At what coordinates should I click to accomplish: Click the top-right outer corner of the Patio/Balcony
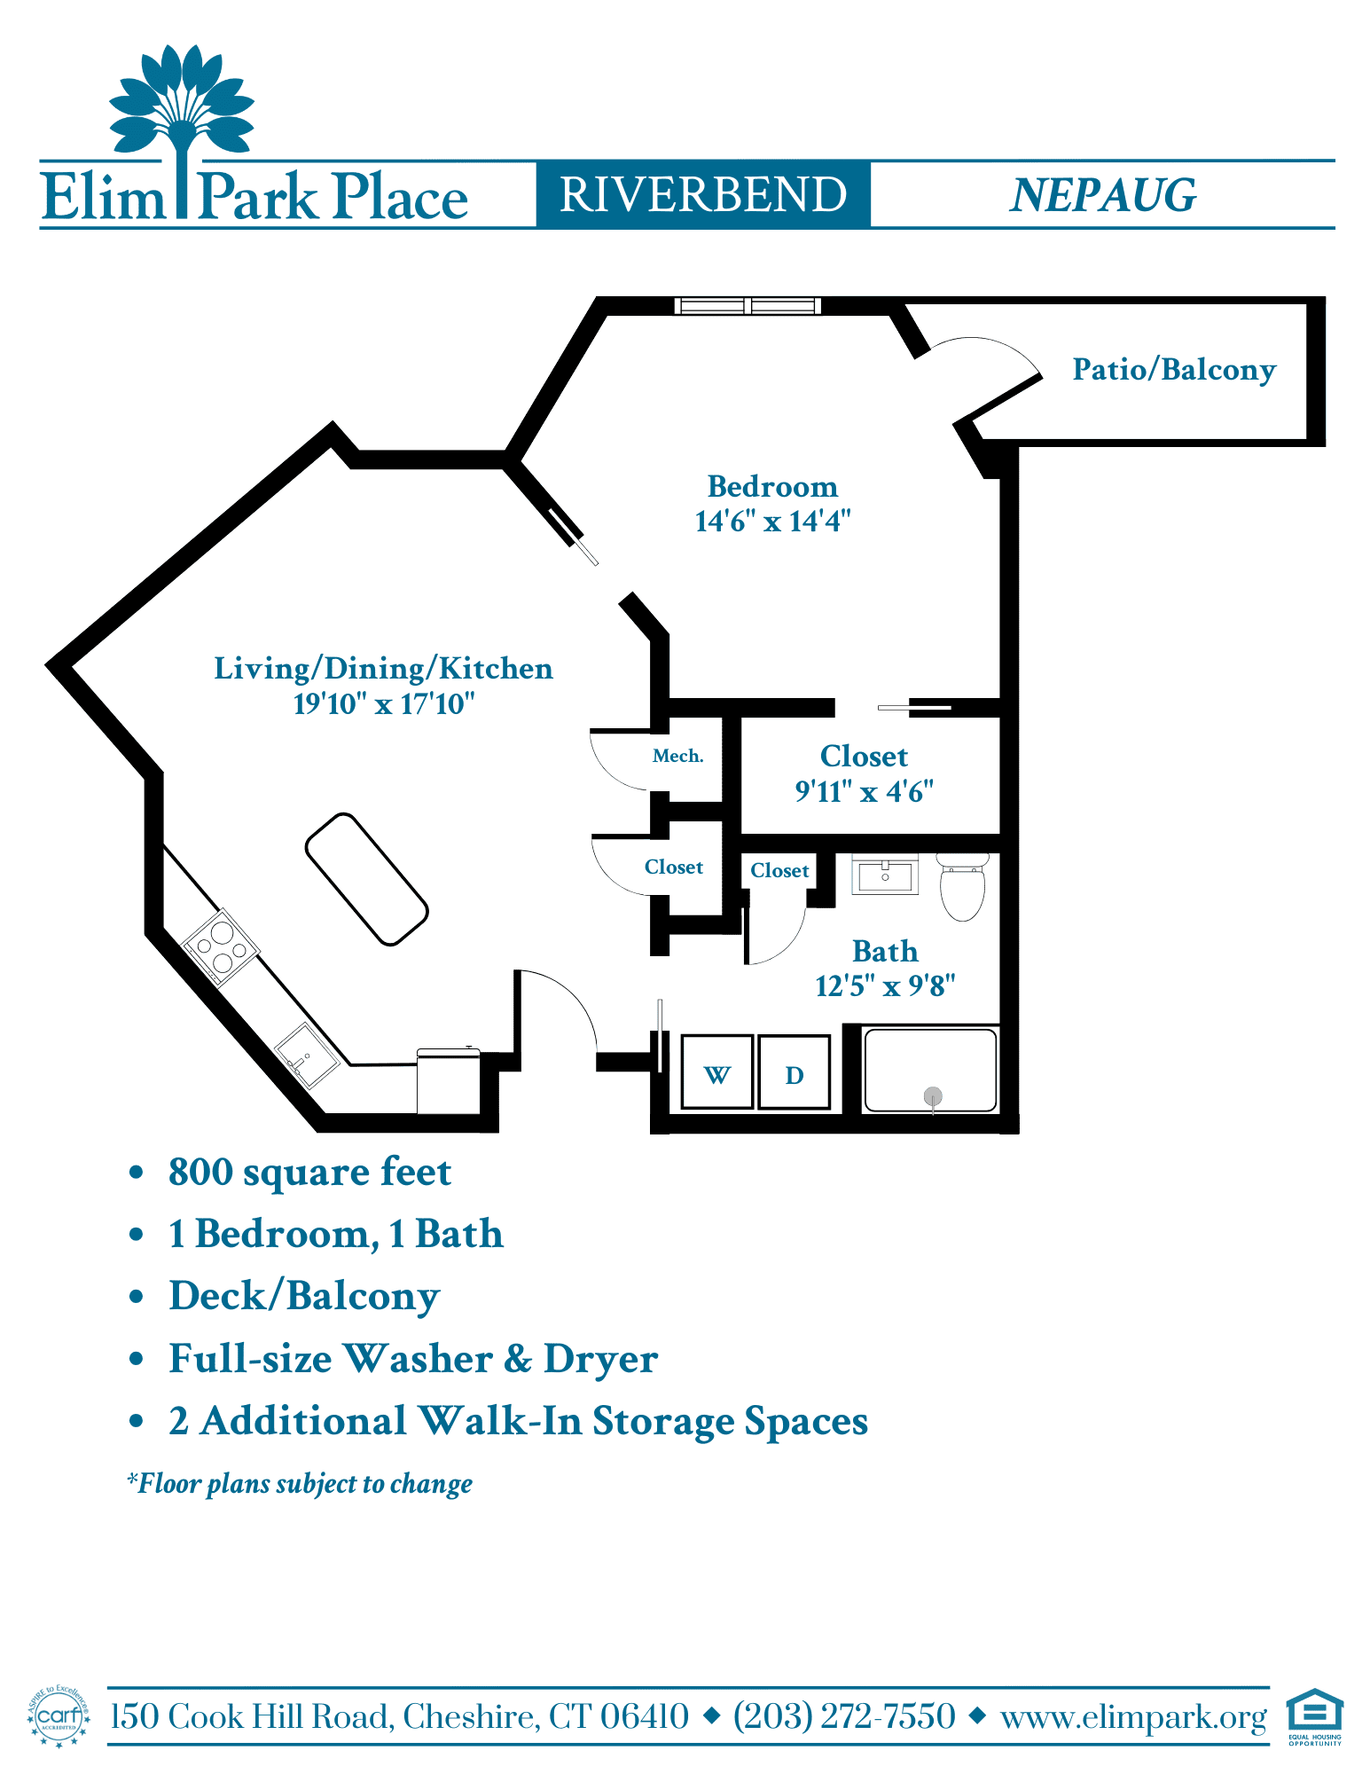point(1325,298)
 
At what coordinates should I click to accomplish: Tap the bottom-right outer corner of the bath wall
point(1018,1133)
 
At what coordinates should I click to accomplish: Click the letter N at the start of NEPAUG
point(1029,195)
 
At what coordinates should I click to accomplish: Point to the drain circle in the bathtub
point(933,1096)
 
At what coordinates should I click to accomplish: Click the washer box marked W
point(717,1071)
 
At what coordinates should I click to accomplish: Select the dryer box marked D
point(795,1071)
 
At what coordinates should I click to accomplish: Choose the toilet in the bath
point(963,887)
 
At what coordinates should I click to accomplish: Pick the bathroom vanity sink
point(885,875)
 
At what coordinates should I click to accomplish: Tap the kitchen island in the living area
point(366,879)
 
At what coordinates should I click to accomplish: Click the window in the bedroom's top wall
point(748,306)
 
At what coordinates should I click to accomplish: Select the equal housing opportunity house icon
point(1315,1710)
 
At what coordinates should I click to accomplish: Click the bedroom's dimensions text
point(772,522)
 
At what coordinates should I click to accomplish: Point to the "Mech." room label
point(678,756)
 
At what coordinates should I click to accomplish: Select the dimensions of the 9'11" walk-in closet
point(865,791)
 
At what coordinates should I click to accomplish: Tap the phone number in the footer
point(844,1716)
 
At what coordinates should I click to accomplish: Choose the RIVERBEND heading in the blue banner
point(703,195)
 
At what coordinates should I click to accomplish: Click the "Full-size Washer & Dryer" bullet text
point(413,1359)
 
